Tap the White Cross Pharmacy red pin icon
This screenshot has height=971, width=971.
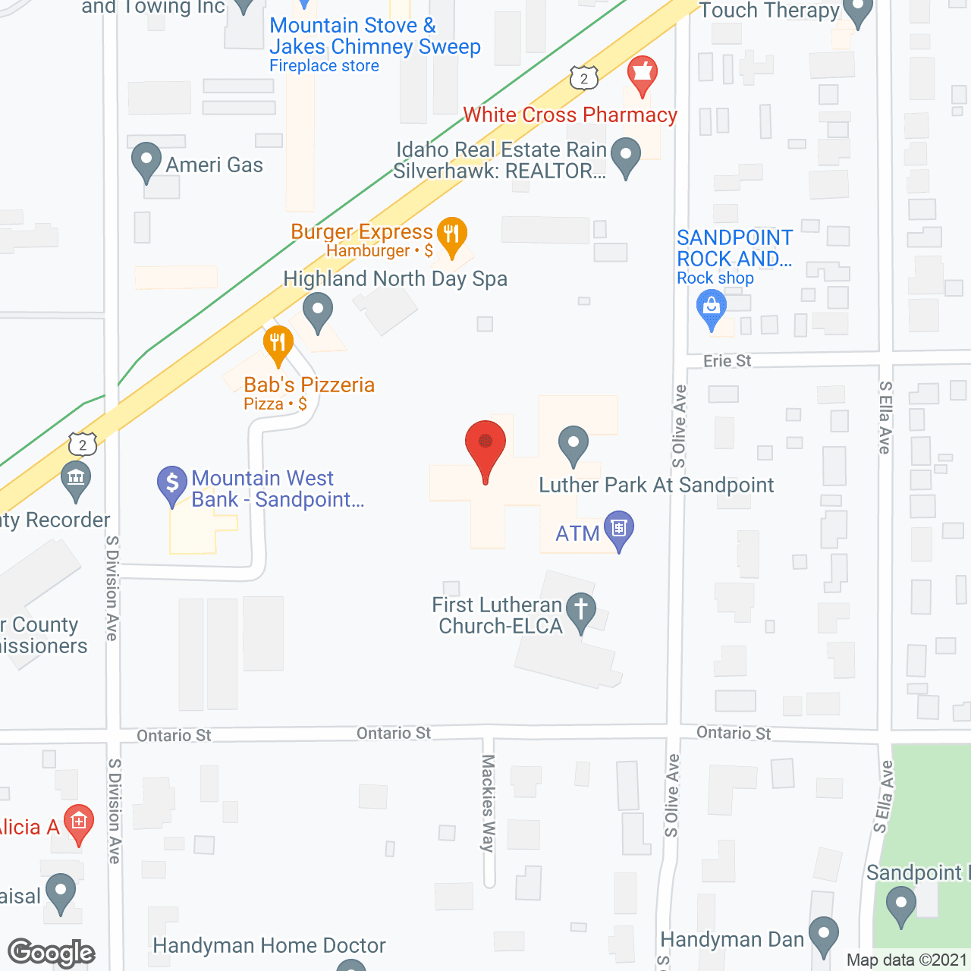642,75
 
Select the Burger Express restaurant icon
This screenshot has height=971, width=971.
451,236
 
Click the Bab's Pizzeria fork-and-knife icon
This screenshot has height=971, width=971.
278,345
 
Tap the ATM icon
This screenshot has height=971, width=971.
619,529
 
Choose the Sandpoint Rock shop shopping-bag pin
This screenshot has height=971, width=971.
711,310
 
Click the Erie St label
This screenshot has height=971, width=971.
727,361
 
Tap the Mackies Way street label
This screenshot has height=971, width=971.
488,803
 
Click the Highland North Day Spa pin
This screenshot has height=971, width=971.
318,312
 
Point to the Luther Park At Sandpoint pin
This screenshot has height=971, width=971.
573,445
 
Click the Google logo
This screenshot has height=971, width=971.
52,953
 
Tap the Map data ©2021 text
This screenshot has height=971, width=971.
907,960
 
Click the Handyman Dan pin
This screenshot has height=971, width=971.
823,935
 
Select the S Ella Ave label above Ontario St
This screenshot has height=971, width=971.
885,417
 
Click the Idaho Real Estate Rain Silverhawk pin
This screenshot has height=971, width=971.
626,156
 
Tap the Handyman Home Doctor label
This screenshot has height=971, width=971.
269,945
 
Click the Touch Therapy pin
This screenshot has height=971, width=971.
858,11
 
